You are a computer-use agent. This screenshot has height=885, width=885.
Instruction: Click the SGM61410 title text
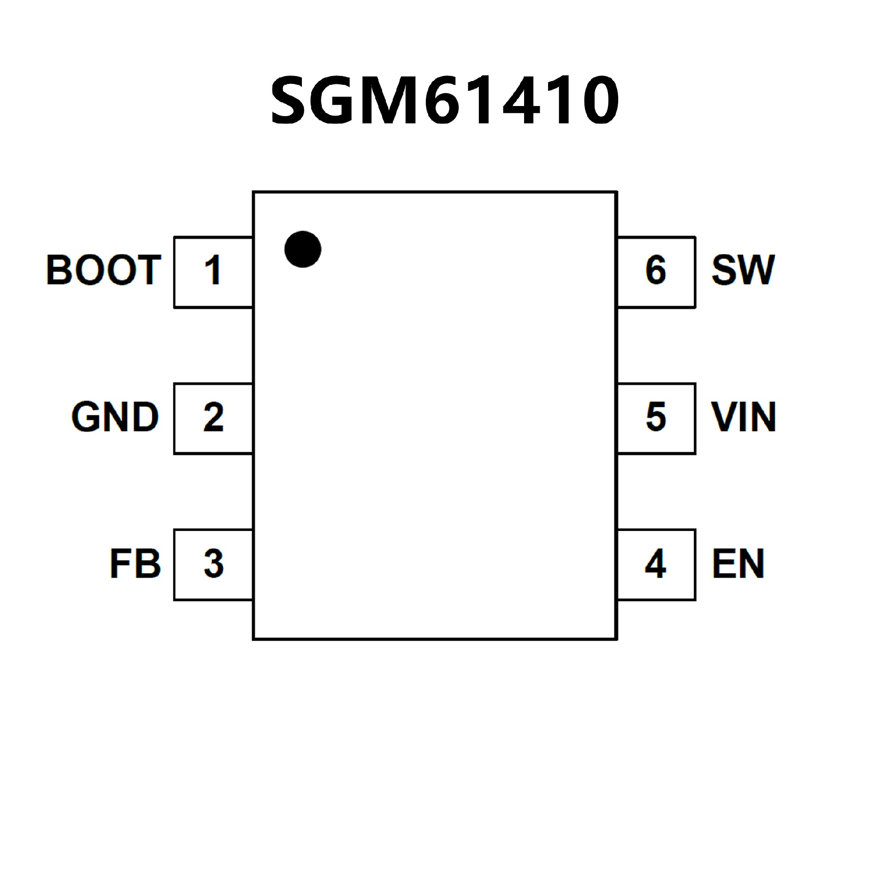(x=444, y=100)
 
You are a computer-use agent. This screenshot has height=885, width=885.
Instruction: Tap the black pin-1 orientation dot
(x=303, y=249)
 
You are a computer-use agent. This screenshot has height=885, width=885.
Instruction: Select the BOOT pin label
(x=104, y=270)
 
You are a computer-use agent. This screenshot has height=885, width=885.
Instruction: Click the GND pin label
(x=115, y=417)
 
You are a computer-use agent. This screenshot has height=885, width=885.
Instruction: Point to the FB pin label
(x=135, y=563)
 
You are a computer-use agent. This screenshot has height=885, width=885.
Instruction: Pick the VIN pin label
(x=743, y=417)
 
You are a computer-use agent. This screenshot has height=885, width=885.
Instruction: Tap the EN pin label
(x=738, y=563)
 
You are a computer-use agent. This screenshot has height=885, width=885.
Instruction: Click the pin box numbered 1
(x=213, y=272)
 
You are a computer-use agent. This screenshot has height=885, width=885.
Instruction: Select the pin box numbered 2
(x=213, y=419)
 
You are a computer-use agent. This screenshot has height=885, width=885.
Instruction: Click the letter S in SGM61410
(x=290, y=100)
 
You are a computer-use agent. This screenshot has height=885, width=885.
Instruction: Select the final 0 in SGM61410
(x=599, y=100)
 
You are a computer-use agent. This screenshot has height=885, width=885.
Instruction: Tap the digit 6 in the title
(x=443, y=100)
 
